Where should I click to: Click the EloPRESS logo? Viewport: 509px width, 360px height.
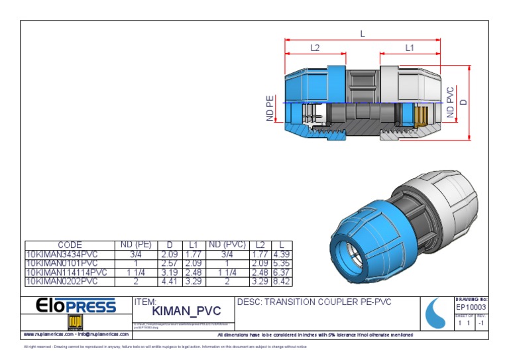click(x=76, y=306)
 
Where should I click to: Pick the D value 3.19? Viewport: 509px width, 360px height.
click(x=170, y=272)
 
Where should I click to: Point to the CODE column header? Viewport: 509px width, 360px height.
click(x=70, y=245)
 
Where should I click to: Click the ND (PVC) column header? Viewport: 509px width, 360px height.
click(x=227, y=245)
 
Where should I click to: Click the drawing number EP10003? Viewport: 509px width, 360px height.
click(x=471, y=308)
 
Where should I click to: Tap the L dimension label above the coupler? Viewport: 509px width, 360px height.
click(x=363, y=33)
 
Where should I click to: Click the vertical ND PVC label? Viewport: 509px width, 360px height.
click(x=451, y=103)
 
